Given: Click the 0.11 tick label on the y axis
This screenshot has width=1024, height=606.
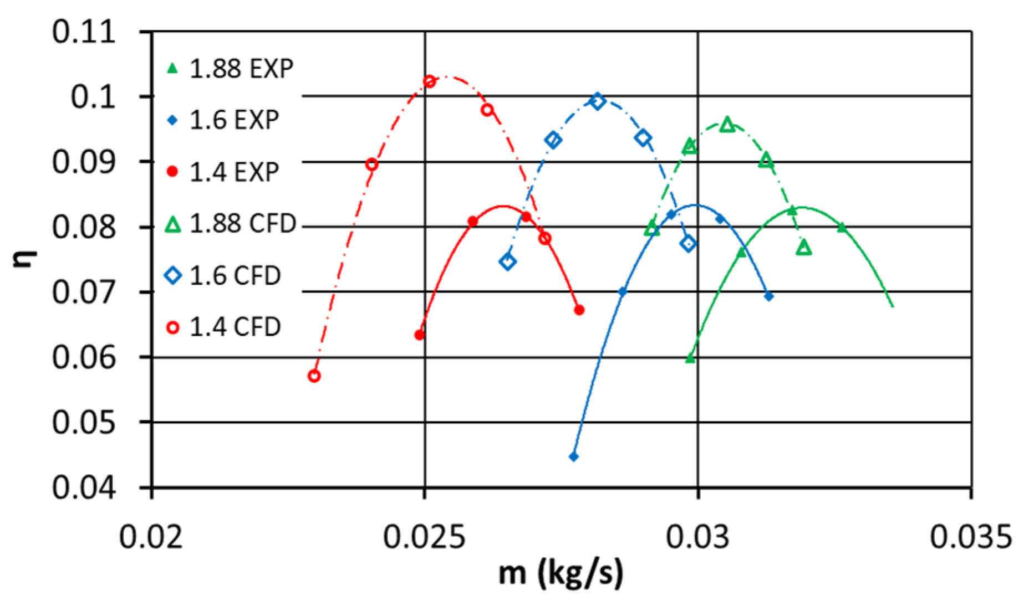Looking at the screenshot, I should [84, 32].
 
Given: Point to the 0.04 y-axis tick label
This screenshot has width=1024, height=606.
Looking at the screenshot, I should [84, 488].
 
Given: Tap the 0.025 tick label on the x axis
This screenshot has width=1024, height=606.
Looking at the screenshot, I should [424, 537].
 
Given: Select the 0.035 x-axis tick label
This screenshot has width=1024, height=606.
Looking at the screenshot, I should [971, 537].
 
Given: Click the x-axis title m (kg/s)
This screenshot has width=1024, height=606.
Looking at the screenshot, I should [561, 573].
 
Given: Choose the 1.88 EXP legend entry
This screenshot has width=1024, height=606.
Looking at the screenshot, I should [230, 69].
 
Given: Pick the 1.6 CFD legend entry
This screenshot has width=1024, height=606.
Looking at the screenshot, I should [223, 275].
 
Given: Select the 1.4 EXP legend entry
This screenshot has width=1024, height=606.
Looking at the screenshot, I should [222, 172].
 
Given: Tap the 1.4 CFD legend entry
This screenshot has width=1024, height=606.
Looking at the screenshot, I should [223, 327].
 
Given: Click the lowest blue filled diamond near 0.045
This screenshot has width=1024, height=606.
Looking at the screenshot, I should [574, 457].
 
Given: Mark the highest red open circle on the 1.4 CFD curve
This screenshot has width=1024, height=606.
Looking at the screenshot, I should [430, 81].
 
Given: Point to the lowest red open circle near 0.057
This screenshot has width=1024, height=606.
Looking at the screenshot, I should [314, 376].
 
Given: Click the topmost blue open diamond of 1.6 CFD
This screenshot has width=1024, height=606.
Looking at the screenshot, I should [597, 101].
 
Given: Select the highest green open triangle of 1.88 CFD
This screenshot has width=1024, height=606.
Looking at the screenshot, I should [727, 125].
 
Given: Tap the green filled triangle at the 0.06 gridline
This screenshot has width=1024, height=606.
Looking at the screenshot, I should [690, 358].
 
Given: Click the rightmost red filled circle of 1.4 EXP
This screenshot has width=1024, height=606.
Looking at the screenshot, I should [579, 310].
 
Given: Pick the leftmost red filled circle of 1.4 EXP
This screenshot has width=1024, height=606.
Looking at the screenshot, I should [420, 335].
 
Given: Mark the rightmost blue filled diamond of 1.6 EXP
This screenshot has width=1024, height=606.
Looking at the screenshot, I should [768, 296].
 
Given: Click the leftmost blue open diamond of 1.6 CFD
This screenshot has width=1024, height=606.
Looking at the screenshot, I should [508, 261].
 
